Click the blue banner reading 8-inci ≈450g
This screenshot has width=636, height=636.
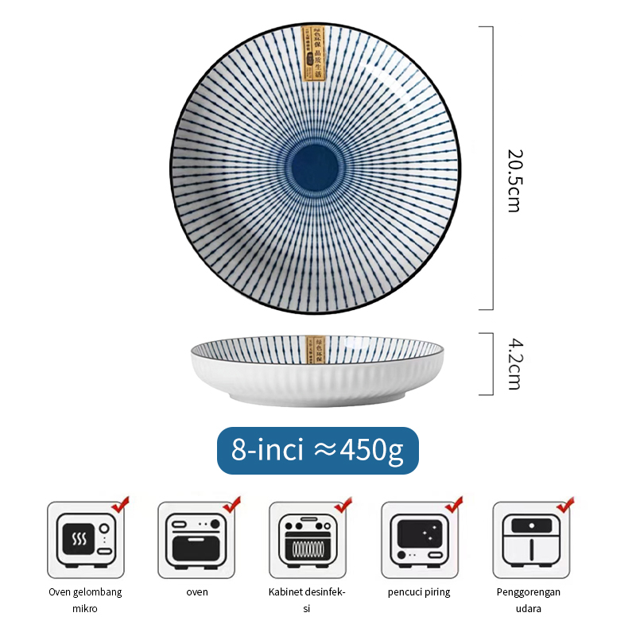[318, 452]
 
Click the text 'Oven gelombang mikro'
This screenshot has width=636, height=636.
[85, 599]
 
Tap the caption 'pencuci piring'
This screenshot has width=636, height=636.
[419, 591]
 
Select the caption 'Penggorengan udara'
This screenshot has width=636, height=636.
[529, 599]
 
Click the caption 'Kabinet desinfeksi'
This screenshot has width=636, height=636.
[307, 599]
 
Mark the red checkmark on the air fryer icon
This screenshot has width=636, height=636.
[565, 505]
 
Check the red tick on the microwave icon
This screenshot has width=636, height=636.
[121, 505]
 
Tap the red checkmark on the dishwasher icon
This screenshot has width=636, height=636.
[454, 505]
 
